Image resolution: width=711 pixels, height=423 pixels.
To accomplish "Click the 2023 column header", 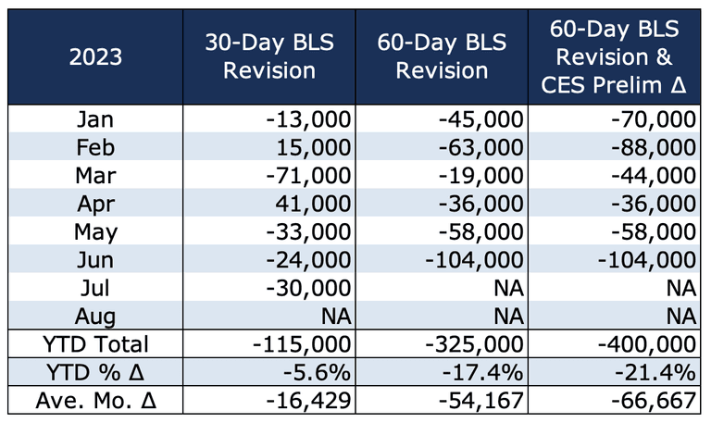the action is pyautogui.click(x=95, y=57).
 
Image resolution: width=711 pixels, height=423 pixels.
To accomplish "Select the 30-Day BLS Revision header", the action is pyautogui.click(x=269, y=56).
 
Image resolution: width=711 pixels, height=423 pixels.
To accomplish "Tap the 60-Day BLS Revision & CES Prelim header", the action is pyautogui.click(x=614, y=56).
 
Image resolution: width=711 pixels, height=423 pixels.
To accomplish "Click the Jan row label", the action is pyautogui.click(x=95, y=119).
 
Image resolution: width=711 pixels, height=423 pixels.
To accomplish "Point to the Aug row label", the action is pyautogui.click(x=95, y=317).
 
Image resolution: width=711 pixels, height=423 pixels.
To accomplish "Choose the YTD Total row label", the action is pyautogui.click(x=95, y=344).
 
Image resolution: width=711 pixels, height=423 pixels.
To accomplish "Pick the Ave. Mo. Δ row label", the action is pyautogui.click(x=95, y=401).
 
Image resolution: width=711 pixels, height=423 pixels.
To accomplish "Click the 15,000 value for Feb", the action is pyautogui.click(x=314, y=148).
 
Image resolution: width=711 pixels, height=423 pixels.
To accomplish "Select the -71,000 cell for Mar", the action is pyautogui.click(x=308, y=176).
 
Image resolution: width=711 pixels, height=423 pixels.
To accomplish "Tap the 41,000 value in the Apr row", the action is pyautogui.click(x=313, y=204).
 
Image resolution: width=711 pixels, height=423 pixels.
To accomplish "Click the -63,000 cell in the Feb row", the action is pyautogui.click(x=481, y=148).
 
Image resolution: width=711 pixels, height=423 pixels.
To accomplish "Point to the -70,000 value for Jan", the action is pyautogui.click(x=654, y=119).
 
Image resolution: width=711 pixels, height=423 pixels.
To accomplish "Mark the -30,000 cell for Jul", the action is pyautogui.click(x=308, y=289).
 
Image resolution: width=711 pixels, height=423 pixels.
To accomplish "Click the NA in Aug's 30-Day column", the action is pyautogui.click(x=336, y=317).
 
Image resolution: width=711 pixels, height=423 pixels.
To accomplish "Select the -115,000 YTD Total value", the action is pyautogui.click(x=302, y=344).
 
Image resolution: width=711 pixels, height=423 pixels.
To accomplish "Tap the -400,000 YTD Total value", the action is pyautogui.click(x=647, y=344).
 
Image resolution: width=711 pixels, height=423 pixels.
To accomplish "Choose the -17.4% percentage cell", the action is pyautogui.click(x=482, y=373).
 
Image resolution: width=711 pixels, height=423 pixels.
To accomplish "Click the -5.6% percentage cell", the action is pyautogui.click(x=317, y=373).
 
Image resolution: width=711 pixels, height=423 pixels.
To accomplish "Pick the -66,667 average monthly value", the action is pyautogui.click(x=654, y=401).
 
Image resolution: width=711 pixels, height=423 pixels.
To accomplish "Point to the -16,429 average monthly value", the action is pyautogui.click(x=308, y=401).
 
